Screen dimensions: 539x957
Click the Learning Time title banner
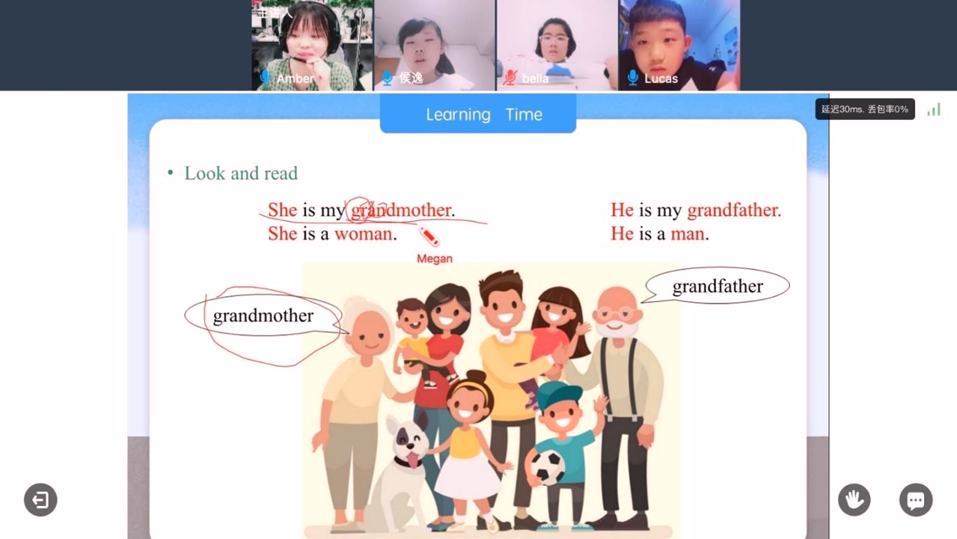coord(483,115)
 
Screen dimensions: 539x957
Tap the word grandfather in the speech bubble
coord(717,287)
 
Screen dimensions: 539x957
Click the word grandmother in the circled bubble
coord(263,316)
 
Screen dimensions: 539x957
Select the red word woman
coord(363,234)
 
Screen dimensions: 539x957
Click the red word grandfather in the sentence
coord(733,210)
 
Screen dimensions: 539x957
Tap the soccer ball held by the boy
coord(548,468)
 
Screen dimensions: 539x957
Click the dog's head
coord(404,442)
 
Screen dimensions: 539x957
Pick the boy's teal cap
coord(557,395)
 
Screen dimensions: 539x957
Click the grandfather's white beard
coord(617,328)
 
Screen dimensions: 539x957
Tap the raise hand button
coord(854,499)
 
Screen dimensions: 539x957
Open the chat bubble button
coord(915,500)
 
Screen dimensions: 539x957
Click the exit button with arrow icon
coord(40,499)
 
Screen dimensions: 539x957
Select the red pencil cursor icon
coord(429,237)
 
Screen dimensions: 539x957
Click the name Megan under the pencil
coord(435,259)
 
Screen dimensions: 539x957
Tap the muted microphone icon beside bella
coord(510,77)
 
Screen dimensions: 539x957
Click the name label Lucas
coord(661,79)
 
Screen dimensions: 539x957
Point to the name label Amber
coord(296,79)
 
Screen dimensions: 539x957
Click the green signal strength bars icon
coord(934,110)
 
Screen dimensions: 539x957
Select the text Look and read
coord(240,174)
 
